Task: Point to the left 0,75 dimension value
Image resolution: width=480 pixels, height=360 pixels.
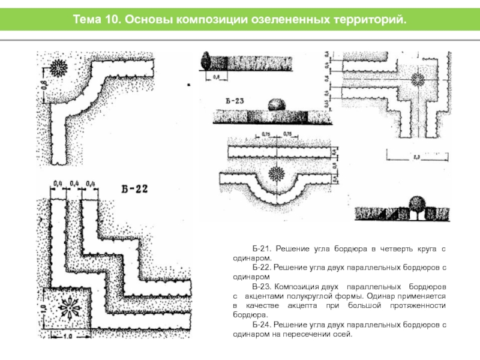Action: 262,135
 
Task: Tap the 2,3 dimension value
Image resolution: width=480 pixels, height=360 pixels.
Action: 415,158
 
